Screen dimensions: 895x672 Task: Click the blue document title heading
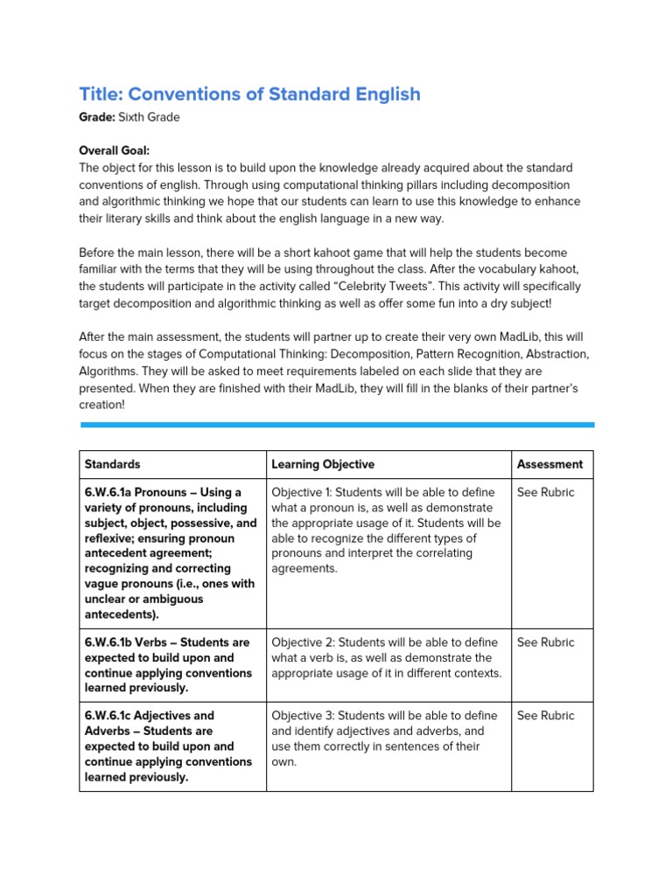point(249,94)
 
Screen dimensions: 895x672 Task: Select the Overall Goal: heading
point(115,151)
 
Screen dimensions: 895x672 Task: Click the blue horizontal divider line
point(337,425)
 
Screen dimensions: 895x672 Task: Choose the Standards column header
point(112,465)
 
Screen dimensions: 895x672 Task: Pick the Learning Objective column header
point(323,465)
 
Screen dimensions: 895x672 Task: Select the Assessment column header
point(549,465)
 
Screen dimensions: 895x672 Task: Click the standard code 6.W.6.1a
point(111,493)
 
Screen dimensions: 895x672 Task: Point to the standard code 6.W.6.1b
point(111,642)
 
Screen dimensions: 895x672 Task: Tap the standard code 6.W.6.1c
point(111,716)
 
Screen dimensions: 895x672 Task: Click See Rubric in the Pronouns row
point(545,493)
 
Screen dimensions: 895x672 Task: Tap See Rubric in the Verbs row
point(545,642)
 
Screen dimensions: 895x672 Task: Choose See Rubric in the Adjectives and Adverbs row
point(545,716)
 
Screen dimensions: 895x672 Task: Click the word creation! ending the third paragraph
point(101,405)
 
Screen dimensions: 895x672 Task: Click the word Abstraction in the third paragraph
point(557,354)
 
